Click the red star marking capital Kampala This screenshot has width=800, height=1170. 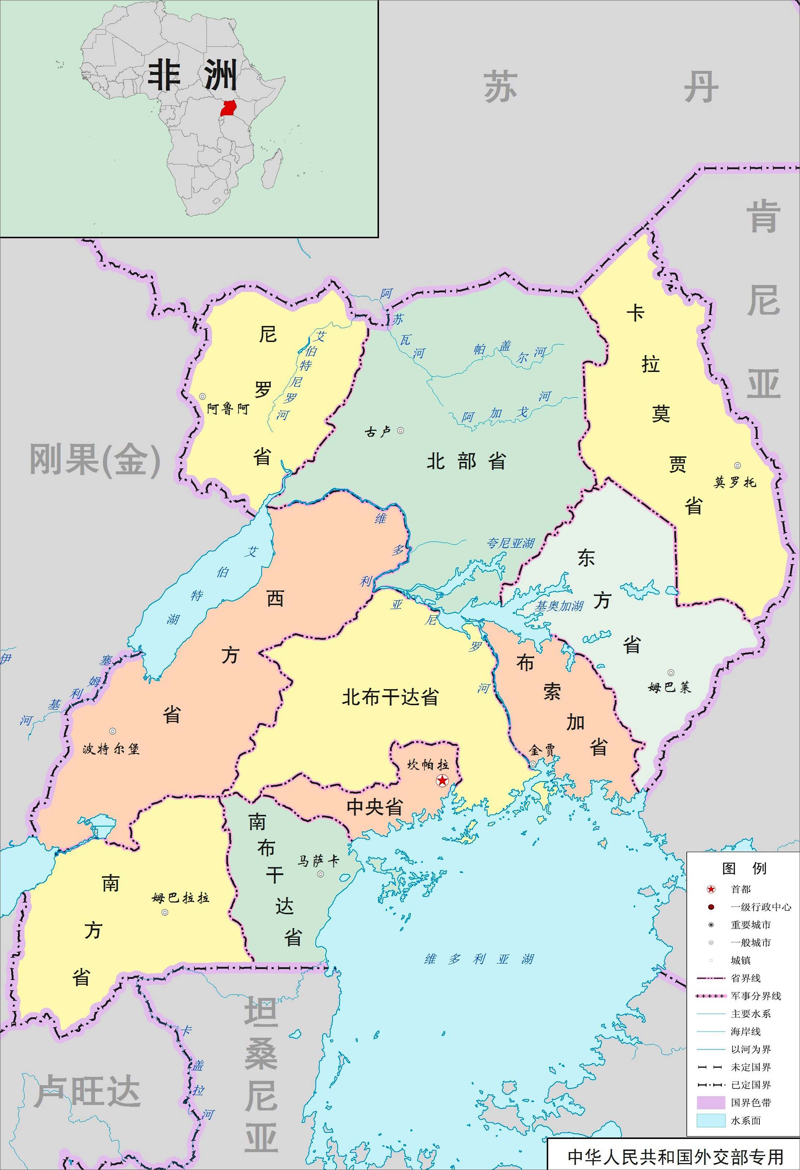[x=442, y=780]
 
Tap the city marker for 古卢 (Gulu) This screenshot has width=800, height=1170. [x=400, y=430]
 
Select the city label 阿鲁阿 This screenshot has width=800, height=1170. [x=228, y=408]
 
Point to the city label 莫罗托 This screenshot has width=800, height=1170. [x=735, y=482]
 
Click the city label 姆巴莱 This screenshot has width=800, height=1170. [x=670, y=687]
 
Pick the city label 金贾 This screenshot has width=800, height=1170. [x=542, y=751]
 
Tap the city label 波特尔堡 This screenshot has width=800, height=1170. [x=111, y=749]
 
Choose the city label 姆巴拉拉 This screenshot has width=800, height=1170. [x=180, y=898]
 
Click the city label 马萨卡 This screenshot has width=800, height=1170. [x=318, y=861]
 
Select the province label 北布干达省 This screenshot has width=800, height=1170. [x=390, y=697]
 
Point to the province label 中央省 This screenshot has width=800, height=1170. [x=375, y=807]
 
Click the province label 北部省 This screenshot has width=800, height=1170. [x=466, y=461]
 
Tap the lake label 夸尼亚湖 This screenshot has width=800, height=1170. [x=511, y=543]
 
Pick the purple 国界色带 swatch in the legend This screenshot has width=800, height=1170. [x=710, y=1102]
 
